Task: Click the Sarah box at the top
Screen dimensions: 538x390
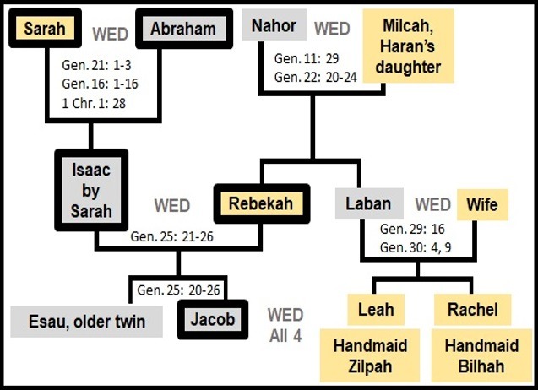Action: tap(46, 28)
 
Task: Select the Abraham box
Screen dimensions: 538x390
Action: tap(184, 29)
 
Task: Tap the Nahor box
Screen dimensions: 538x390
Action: tap(274, 25)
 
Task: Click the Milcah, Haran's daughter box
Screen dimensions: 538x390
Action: tap(408, 46)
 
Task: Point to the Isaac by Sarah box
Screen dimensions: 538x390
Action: tap(91, 190)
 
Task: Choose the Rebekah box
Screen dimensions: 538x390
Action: tap(262, 203)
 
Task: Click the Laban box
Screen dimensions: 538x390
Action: tap(369, 203)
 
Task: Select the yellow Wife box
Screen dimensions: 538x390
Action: tap(482, 204)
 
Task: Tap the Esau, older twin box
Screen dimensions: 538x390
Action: tap(86, 322)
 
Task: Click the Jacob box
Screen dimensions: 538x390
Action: tap(213, 319)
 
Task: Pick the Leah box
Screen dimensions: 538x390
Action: tap(376, 310)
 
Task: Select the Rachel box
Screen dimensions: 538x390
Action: tap(472, 310)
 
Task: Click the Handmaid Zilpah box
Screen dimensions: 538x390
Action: tap(370, 355)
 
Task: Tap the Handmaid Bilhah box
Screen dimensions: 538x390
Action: tap(481, 355)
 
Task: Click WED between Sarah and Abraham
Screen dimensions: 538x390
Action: tap(110, 34)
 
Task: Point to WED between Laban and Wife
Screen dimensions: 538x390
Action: tap(433, 204)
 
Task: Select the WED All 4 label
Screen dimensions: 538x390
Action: tap(285, 325)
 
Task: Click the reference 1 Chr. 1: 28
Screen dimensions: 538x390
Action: tap(94, 103)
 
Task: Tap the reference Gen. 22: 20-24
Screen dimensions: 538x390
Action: tap(316, 77)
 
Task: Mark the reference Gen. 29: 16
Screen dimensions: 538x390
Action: tap(412, 229)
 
